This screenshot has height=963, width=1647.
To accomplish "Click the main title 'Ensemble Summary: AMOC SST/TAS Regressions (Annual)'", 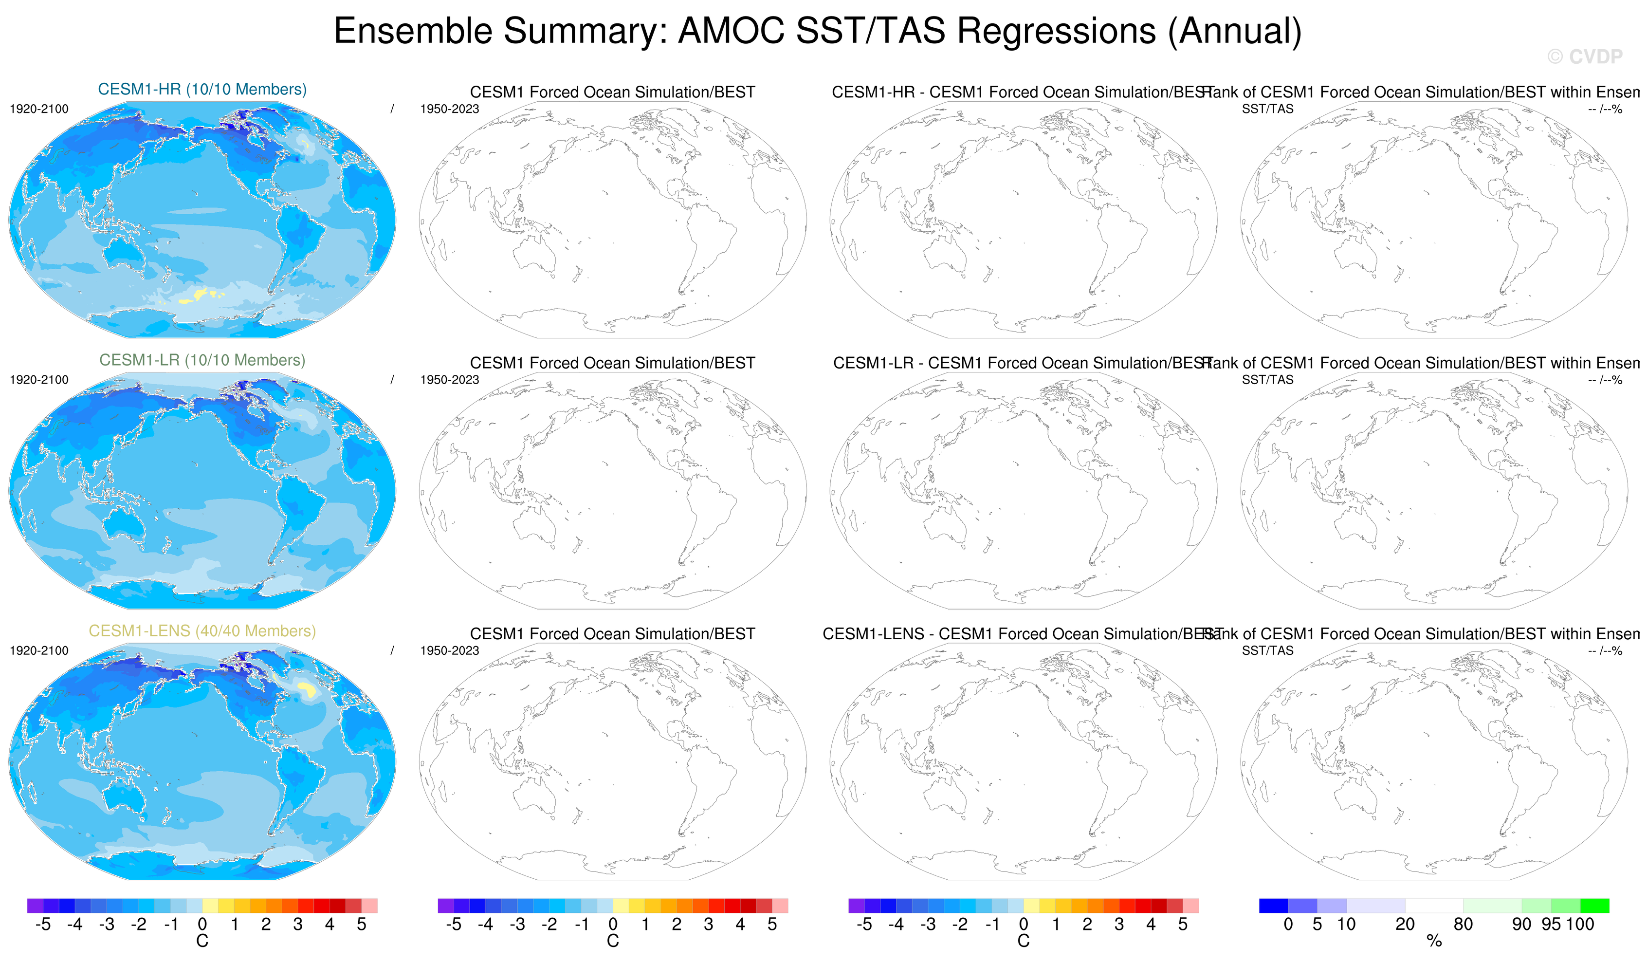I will pyautogui.click(x=817, y=31).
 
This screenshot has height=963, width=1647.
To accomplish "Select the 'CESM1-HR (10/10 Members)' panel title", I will pyautogui.click(x=202, y=89).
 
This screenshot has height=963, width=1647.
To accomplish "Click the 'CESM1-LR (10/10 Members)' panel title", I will pyautogui.click(x=202, y=360).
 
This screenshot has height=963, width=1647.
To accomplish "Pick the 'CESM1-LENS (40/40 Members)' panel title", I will pyautogui.click(x=202, y=631).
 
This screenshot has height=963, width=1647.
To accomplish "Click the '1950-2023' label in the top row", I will pyautogui.click(x=449, y=109).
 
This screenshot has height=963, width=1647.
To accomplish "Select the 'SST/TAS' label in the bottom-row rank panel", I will pyautogui.click(x=1267, y=650).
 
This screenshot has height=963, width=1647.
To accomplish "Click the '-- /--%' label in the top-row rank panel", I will pyautogui.click(x=1605, y=109).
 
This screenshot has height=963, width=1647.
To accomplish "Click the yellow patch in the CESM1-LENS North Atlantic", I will pyautogui.click(x=306, y=688).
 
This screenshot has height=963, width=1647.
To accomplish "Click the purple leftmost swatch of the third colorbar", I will pyautogui.click(x=856, y=906).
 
